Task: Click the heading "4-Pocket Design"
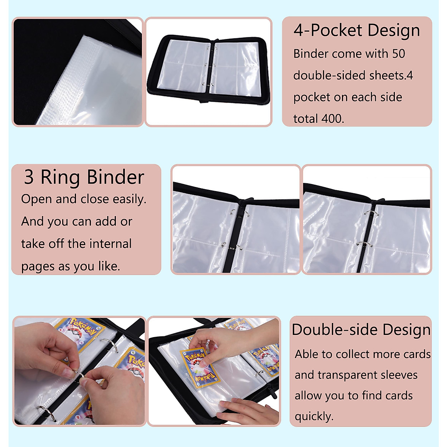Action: [x=356, y=31]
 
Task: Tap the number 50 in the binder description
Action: [x=398, y=54]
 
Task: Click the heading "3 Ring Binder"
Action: [x=84, y=177]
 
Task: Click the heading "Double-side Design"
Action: [x=361, y=330]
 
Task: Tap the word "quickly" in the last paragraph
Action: [x=313, y=416]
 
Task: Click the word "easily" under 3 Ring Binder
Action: [x=130, y=200]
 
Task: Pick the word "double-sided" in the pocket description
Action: [x=324, y=76]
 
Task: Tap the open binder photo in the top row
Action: [x=208, y=71]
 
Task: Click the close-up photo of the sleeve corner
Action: [x=78, y=72]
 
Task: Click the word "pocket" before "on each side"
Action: [x=311, y=98]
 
